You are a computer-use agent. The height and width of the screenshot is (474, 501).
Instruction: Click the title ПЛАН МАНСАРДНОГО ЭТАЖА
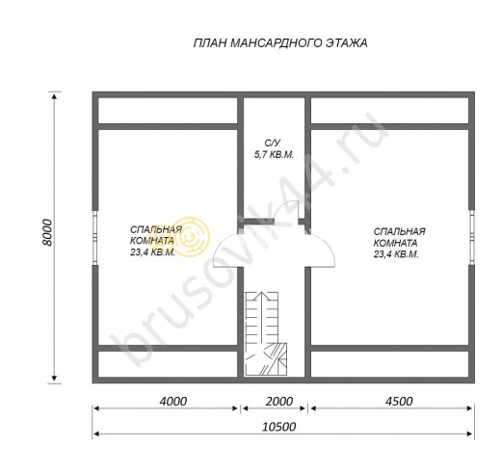[280, 43]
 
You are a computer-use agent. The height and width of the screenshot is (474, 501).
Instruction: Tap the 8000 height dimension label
[47, 232]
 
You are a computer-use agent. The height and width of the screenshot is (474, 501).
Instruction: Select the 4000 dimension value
[173, 401]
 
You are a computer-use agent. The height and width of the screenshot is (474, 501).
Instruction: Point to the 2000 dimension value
[279, 401]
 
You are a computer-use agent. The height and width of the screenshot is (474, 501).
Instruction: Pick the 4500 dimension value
[399, 401]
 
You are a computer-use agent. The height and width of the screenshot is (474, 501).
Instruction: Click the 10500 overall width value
[279, 427]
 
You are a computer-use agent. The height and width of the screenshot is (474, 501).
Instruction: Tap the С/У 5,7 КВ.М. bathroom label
[274, 148]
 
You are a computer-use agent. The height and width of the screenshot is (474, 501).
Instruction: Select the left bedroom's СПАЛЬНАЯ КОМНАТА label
[156, 235]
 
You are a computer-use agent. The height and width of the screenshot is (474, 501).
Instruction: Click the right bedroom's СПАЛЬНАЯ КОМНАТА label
[400, 237]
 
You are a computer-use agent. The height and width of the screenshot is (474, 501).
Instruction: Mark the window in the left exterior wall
[95, 238]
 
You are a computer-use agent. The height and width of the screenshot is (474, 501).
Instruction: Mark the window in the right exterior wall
[471, 237]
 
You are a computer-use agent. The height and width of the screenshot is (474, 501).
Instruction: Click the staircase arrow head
[263, 296]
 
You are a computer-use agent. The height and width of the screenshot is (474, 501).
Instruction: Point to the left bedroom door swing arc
[222, 244]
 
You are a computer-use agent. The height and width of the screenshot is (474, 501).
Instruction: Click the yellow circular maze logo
[192, 237]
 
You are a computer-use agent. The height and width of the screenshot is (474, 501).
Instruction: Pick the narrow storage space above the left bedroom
[168, 110]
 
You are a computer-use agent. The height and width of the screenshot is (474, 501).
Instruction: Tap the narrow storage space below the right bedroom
[390, 364]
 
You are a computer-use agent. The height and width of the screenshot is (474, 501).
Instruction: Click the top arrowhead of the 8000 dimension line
[54, 95]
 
